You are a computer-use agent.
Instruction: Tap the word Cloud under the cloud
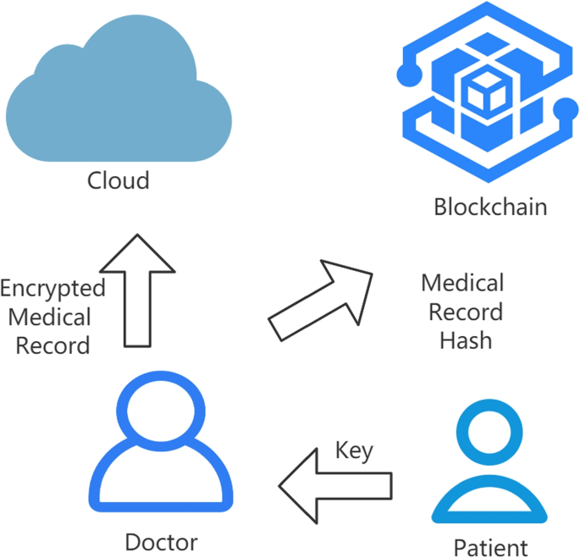pos(119,180)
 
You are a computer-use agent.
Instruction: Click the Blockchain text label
pos(490,207)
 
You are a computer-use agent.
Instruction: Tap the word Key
pos(354,450)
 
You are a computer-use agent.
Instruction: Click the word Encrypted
pos(52,289)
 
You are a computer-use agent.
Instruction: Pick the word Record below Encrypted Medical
pos(52,345)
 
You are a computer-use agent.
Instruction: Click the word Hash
pos(465,341)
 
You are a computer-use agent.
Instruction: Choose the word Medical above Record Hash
pos(462,283)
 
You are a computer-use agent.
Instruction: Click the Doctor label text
pos(161,542)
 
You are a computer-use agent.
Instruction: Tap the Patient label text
pos(490,547)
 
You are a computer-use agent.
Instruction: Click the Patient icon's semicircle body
pos(489,503)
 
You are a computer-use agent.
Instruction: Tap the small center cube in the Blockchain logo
pos(486,93)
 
